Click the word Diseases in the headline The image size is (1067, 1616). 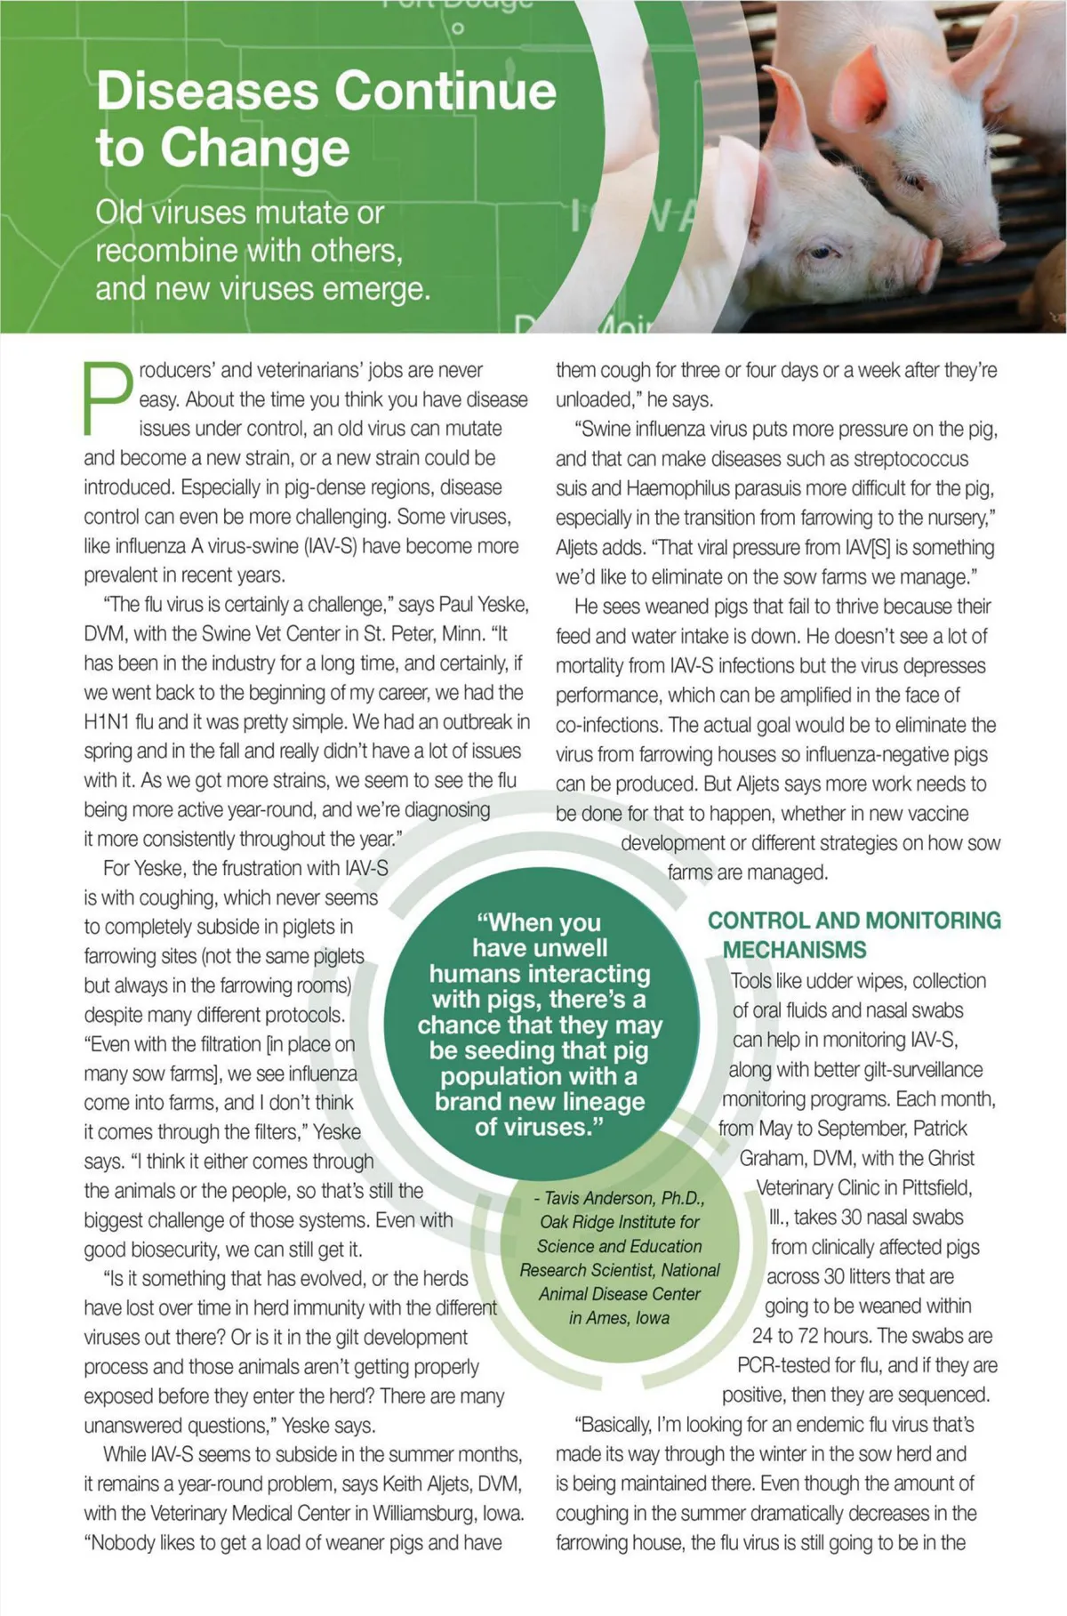(208, 92)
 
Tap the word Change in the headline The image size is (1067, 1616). (255, 148)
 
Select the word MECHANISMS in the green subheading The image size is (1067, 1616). (794, 950)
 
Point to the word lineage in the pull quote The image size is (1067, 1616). (595, 1101)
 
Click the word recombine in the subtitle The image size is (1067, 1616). (166, 251)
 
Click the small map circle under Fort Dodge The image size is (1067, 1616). (458, 28)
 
